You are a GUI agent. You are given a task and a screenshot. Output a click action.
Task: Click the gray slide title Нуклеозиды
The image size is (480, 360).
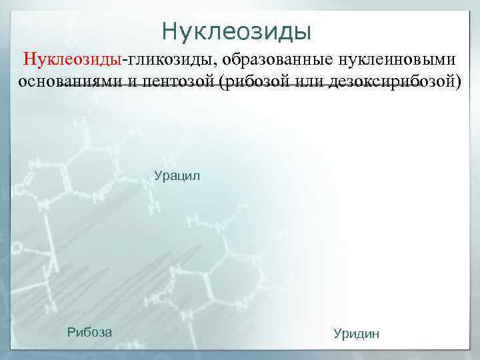(x=237, y=31)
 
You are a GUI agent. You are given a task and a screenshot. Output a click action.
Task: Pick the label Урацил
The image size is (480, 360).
(x=177, y=177)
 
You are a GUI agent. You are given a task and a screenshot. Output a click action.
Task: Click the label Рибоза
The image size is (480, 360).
(x=89, y=332)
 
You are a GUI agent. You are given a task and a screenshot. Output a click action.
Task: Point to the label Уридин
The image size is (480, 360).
(x=355, y=333)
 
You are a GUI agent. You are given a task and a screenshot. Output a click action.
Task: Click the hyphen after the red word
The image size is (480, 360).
(x=123, y=60)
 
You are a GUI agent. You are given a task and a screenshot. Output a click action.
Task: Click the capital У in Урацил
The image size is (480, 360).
(x=158, y=177)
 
